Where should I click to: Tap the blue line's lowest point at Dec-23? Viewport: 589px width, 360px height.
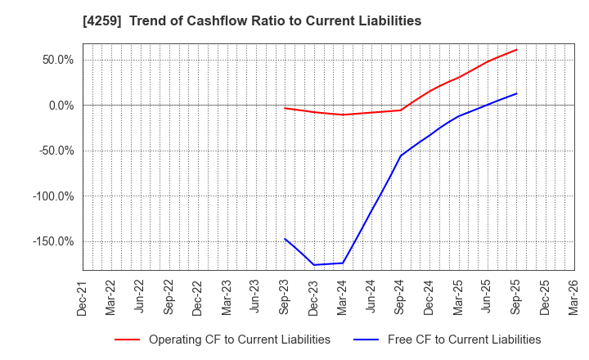point(313,264)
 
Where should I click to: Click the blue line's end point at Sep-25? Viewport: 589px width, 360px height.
point(516,93)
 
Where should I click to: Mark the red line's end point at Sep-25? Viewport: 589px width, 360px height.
point(516,49)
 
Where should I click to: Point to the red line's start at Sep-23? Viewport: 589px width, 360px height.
point(285,108)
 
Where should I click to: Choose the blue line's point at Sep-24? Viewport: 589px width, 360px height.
point(400,155)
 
